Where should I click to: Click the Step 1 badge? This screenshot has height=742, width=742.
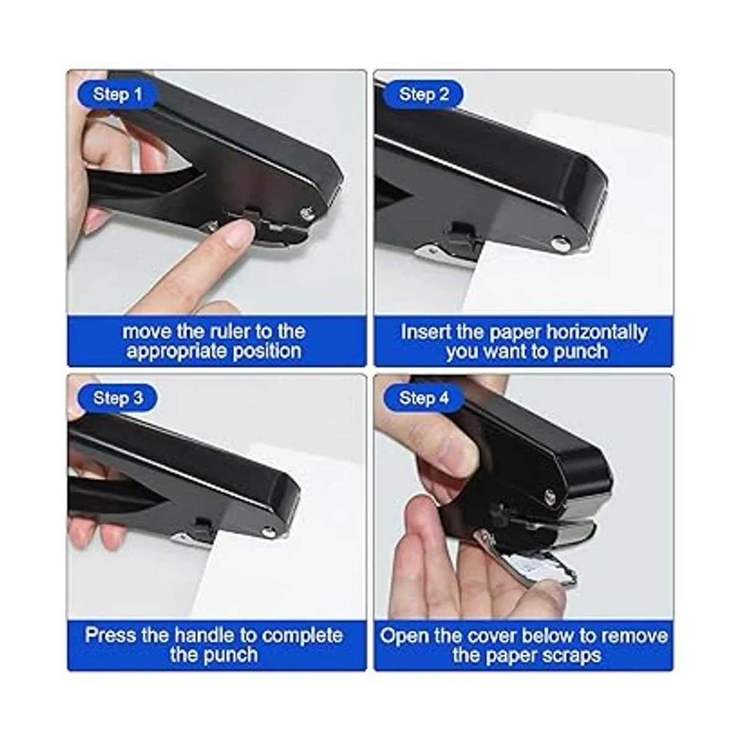tap(117, 95)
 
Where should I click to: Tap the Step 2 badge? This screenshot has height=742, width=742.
tap(424, 95)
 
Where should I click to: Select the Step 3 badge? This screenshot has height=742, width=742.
tap(117, 398)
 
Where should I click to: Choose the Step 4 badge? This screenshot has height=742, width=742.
tap(424, 398)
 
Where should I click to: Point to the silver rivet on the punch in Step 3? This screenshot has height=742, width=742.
tap(266, 532)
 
